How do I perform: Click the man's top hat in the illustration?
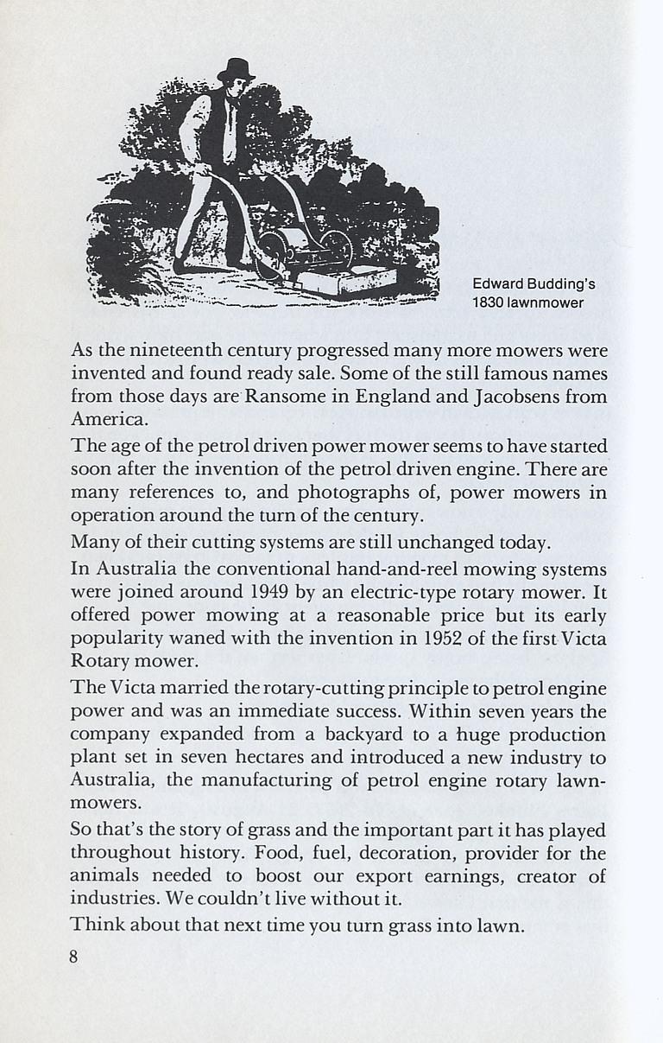pos(235,70)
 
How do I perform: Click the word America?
pos(110,421)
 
